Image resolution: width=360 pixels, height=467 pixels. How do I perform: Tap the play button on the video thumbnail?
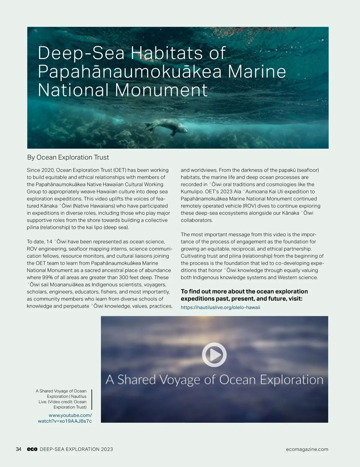[214, 355]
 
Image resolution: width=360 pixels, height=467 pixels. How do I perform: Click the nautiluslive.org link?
[220, 308]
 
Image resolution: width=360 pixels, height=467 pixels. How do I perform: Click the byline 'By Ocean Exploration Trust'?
[68, 157]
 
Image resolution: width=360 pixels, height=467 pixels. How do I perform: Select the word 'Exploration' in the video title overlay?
[291, 380]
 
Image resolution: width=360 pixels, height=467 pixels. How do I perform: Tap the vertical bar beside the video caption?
[91, 399]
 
